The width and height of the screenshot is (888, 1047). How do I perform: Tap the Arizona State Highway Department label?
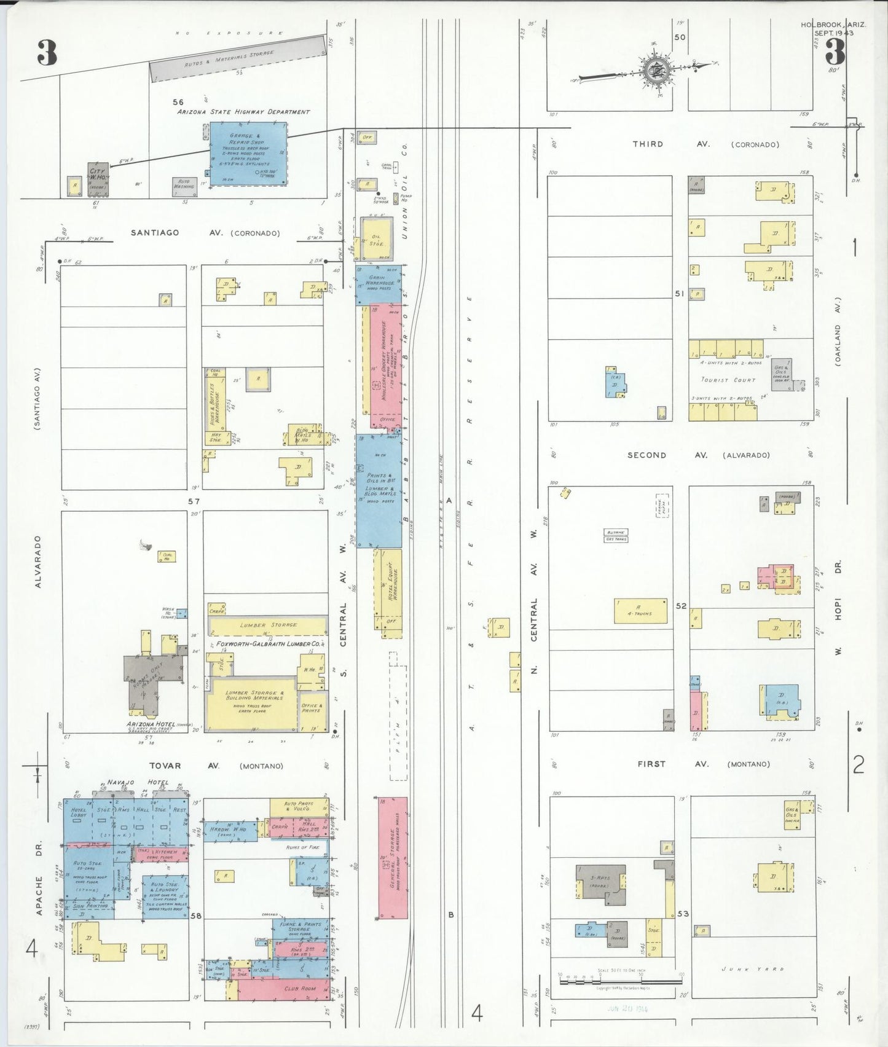tap(243, 112)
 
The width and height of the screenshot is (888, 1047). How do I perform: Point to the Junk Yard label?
tap(753, 969)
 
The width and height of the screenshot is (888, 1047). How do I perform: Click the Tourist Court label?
tap(728, 380)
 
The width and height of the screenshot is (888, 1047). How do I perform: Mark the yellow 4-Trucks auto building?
tap(640, 611)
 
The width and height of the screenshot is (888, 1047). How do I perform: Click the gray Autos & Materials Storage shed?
tap(238, 59)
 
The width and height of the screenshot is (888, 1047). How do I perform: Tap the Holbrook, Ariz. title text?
tap(833, 25)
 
